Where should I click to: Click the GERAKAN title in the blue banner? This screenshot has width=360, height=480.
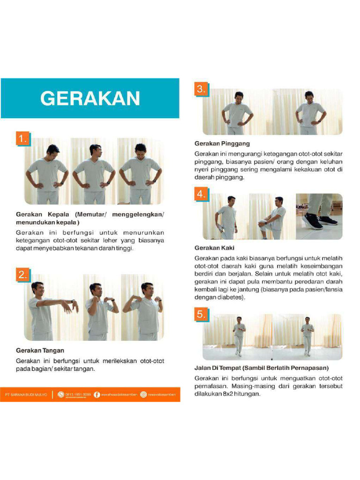click(90, 98)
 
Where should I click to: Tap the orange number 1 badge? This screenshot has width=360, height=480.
click(23, 139)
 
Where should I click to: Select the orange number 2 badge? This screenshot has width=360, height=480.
click(23, 275)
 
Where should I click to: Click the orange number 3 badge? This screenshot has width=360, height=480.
click(202, 89)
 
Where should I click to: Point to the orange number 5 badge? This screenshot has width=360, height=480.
click(202, 315)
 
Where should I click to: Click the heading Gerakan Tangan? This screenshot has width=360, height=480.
click(40, 350)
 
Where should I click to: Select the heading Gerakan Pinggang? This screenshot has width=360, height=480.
click(222, 143)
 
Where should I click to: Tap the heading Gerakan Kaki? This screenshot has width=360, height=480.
click(215, 247)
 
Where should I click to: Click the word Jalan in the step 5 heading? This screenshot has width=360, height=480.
click(202, 367)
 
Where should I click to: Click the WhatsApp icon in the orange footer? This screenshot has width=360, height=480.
click(60, 395)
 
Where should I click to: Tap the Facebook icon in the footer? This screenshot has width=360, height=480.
click(97, 395)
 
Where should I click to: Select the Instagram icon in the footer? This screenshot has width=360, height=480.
click(143, 395)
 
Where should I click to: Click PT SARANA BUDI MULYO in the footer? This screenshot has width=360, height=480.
click(26, 395)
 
